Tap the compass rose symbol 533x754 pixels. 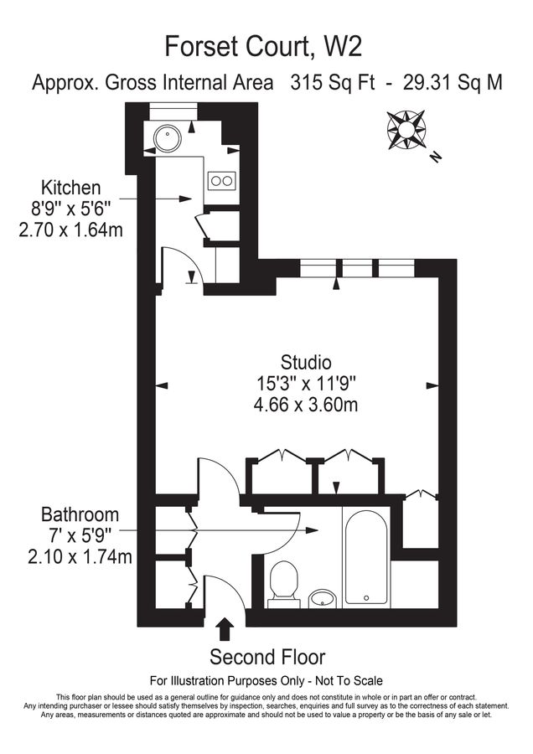[407, 129]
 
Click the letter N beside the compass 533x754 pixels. [434, 156]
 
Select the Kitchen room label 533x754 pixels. [72, 188]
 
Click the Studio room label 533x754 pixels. [306, 363]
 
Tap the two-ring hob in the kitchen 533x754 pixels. [221, 179]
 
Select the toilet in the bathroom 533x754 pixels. [284, 582]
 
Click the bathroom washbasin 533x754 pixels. [322, 596]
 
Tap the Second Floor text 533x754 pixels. [266, 656]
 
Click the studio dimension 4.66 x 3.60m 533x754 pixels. [306, 405]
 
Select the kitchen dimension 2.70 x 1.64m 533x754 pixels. [71, 230]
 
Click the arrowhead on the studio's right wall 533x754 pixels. [433, 385]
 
